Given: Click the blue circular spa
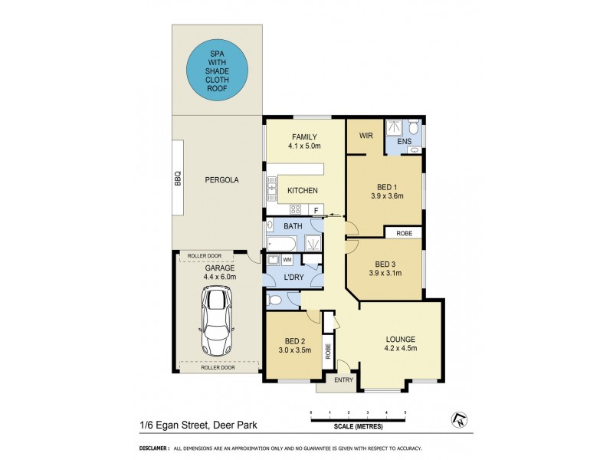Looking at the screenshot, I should tap(218, 70).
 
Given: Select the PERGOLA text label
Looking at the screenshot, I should tap(221, 180).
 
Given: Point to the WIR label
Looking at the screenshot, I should tap(366, 136).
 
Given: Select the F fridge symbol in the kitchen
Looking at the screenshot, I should tap(316, 209).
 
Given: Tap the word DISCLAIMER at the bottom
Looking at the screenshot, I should tap(154, 449).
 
